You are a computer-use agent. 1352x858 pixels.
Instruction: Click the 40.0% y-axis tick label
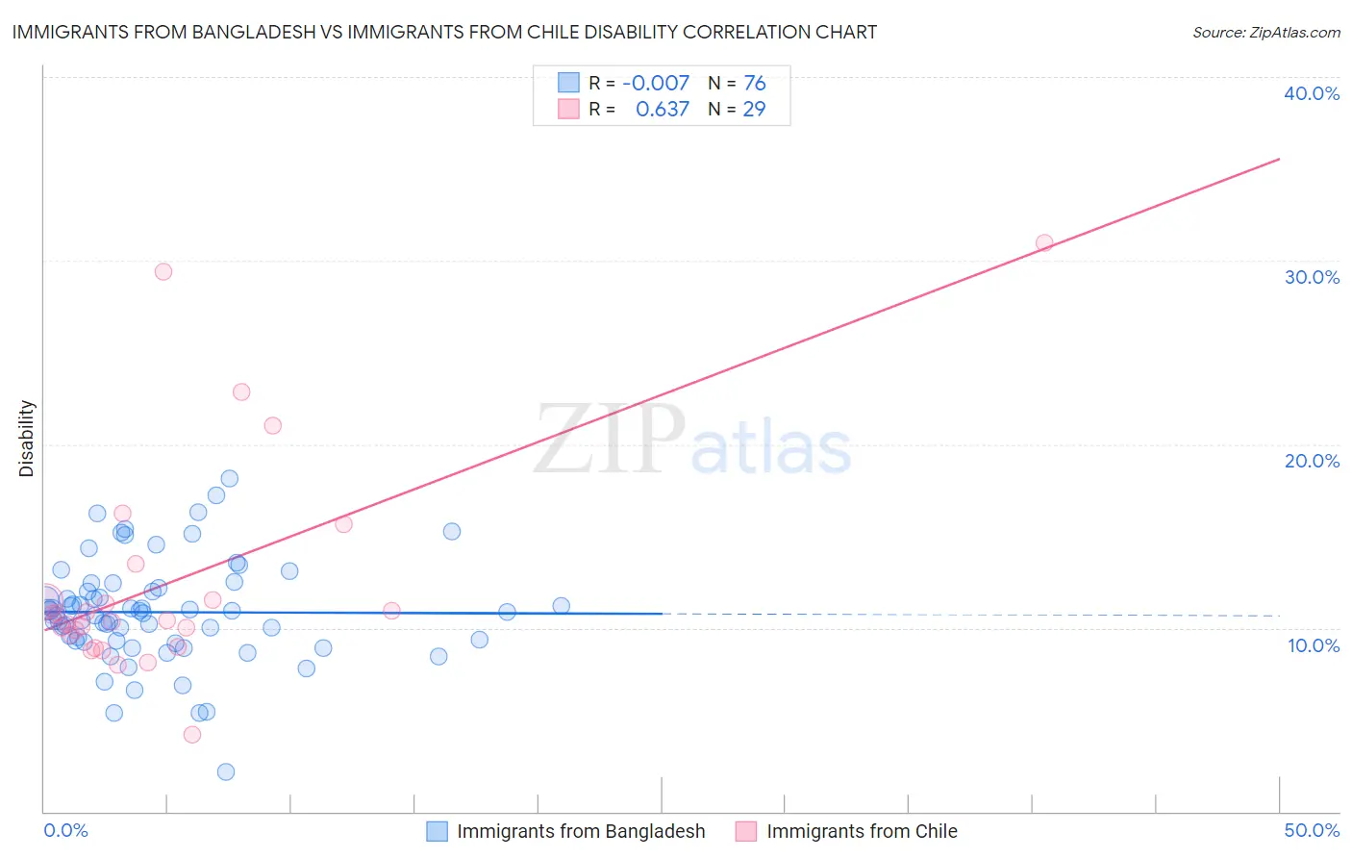click(1312, 93)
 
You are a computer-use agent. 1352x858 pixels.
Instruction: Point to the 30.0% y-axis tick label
click(1312, 277)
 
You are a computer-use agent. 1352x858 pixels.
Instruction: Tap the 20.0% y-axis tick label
click(1312, 461)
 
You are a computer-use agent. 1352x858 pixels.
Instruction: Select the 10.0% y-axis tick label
click(1314, 645)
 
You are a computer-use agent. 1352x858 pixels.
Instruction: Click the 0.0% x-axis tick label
click(65, 830)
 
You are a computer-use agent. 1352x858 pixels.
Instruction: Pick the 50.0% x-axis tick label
click(1312, 830)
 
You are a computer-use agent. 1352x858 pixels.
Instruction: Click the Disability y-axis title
click(27, 439)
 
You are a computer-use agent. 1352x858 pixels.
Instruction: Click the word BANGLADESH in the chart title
click(250, 32)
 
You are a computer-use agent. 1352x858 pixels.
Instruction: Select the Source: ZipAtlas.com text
click(1265, 32)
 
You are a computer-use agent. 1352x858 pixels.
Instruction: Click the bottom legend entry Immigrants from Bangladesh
click(581, 831)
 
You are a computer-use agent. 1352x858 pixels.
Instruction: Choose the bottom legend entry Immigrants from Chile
click(862, 831)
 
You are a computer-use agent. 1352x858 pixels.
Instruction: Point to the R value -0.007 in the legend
click(656, 84)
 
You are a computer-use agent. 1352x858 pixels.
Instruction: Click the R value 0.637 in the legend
click(663, 110)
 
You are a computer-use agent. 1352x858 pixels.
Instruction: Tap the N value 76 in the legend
click(755, 84)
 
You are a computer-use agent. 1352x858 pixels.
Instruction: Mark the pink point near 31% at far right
click(1044, 243)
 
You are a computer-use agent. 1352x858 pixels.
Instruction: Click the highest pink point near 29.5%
click(163, 272)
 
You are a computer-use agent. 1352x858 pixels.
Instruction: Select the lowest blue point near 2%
click(226, 771)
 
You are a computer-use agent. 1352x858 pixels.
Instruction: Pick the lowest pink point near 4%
click(192, 735)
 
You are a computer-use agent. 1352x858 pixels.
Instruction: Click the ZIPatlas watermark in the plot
click(692, 441)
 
